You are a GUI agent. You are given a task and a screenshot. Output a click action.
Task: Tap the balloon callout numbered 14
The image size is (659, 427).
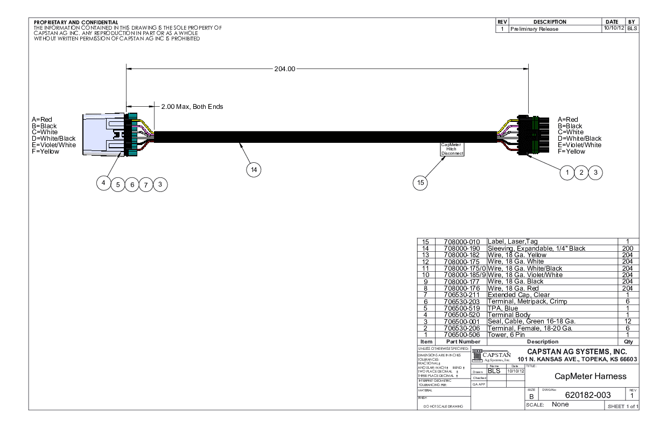pyautogui.click(x=254, y=170)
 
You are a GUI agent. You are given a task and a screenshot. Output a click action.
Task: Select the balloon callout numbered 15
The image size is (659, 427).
pyautogui.click(x=420, y=184)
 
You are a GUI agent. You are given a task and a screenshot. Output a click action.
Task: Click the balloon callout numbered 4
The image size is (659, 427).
pyautogui.click(x=103, y=183)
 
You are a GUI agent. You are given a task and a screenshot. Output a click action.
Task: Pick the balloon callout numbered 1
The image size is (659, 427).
pyautogui.click(x=566, y=173)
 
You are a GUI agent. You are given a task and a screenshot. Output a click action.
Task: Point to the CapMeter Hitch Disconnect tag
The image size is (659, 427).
pyautogui.click(x=452, y=149)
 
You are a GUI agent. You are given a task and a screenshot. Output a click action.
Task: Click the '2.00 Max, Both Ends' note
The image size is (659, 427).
pyautogui.click(x=192, y=107)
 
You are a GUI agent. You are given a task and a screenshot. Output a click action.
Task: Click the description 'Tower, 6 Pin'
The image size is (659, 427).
pyautogui.click(x=507, y=334)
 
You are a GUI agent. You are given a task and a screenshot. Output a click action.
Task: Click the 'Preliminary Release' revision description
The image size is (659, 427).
pyautogui.click(x=534, y=29)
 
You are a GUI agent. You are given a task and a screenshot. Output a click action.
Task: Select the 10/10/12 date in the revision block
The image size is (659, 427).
pyautogui.click(x=613, y=29)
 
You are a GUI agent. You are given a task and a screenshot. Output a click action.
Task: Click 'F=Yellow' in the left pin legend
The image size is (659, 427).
pyautogui.click(x=45, y=151)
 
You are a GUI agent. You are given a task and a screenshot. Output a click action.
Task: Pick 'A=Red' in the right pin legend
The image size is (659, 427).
pyautogui.click(x=567, y=120)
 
